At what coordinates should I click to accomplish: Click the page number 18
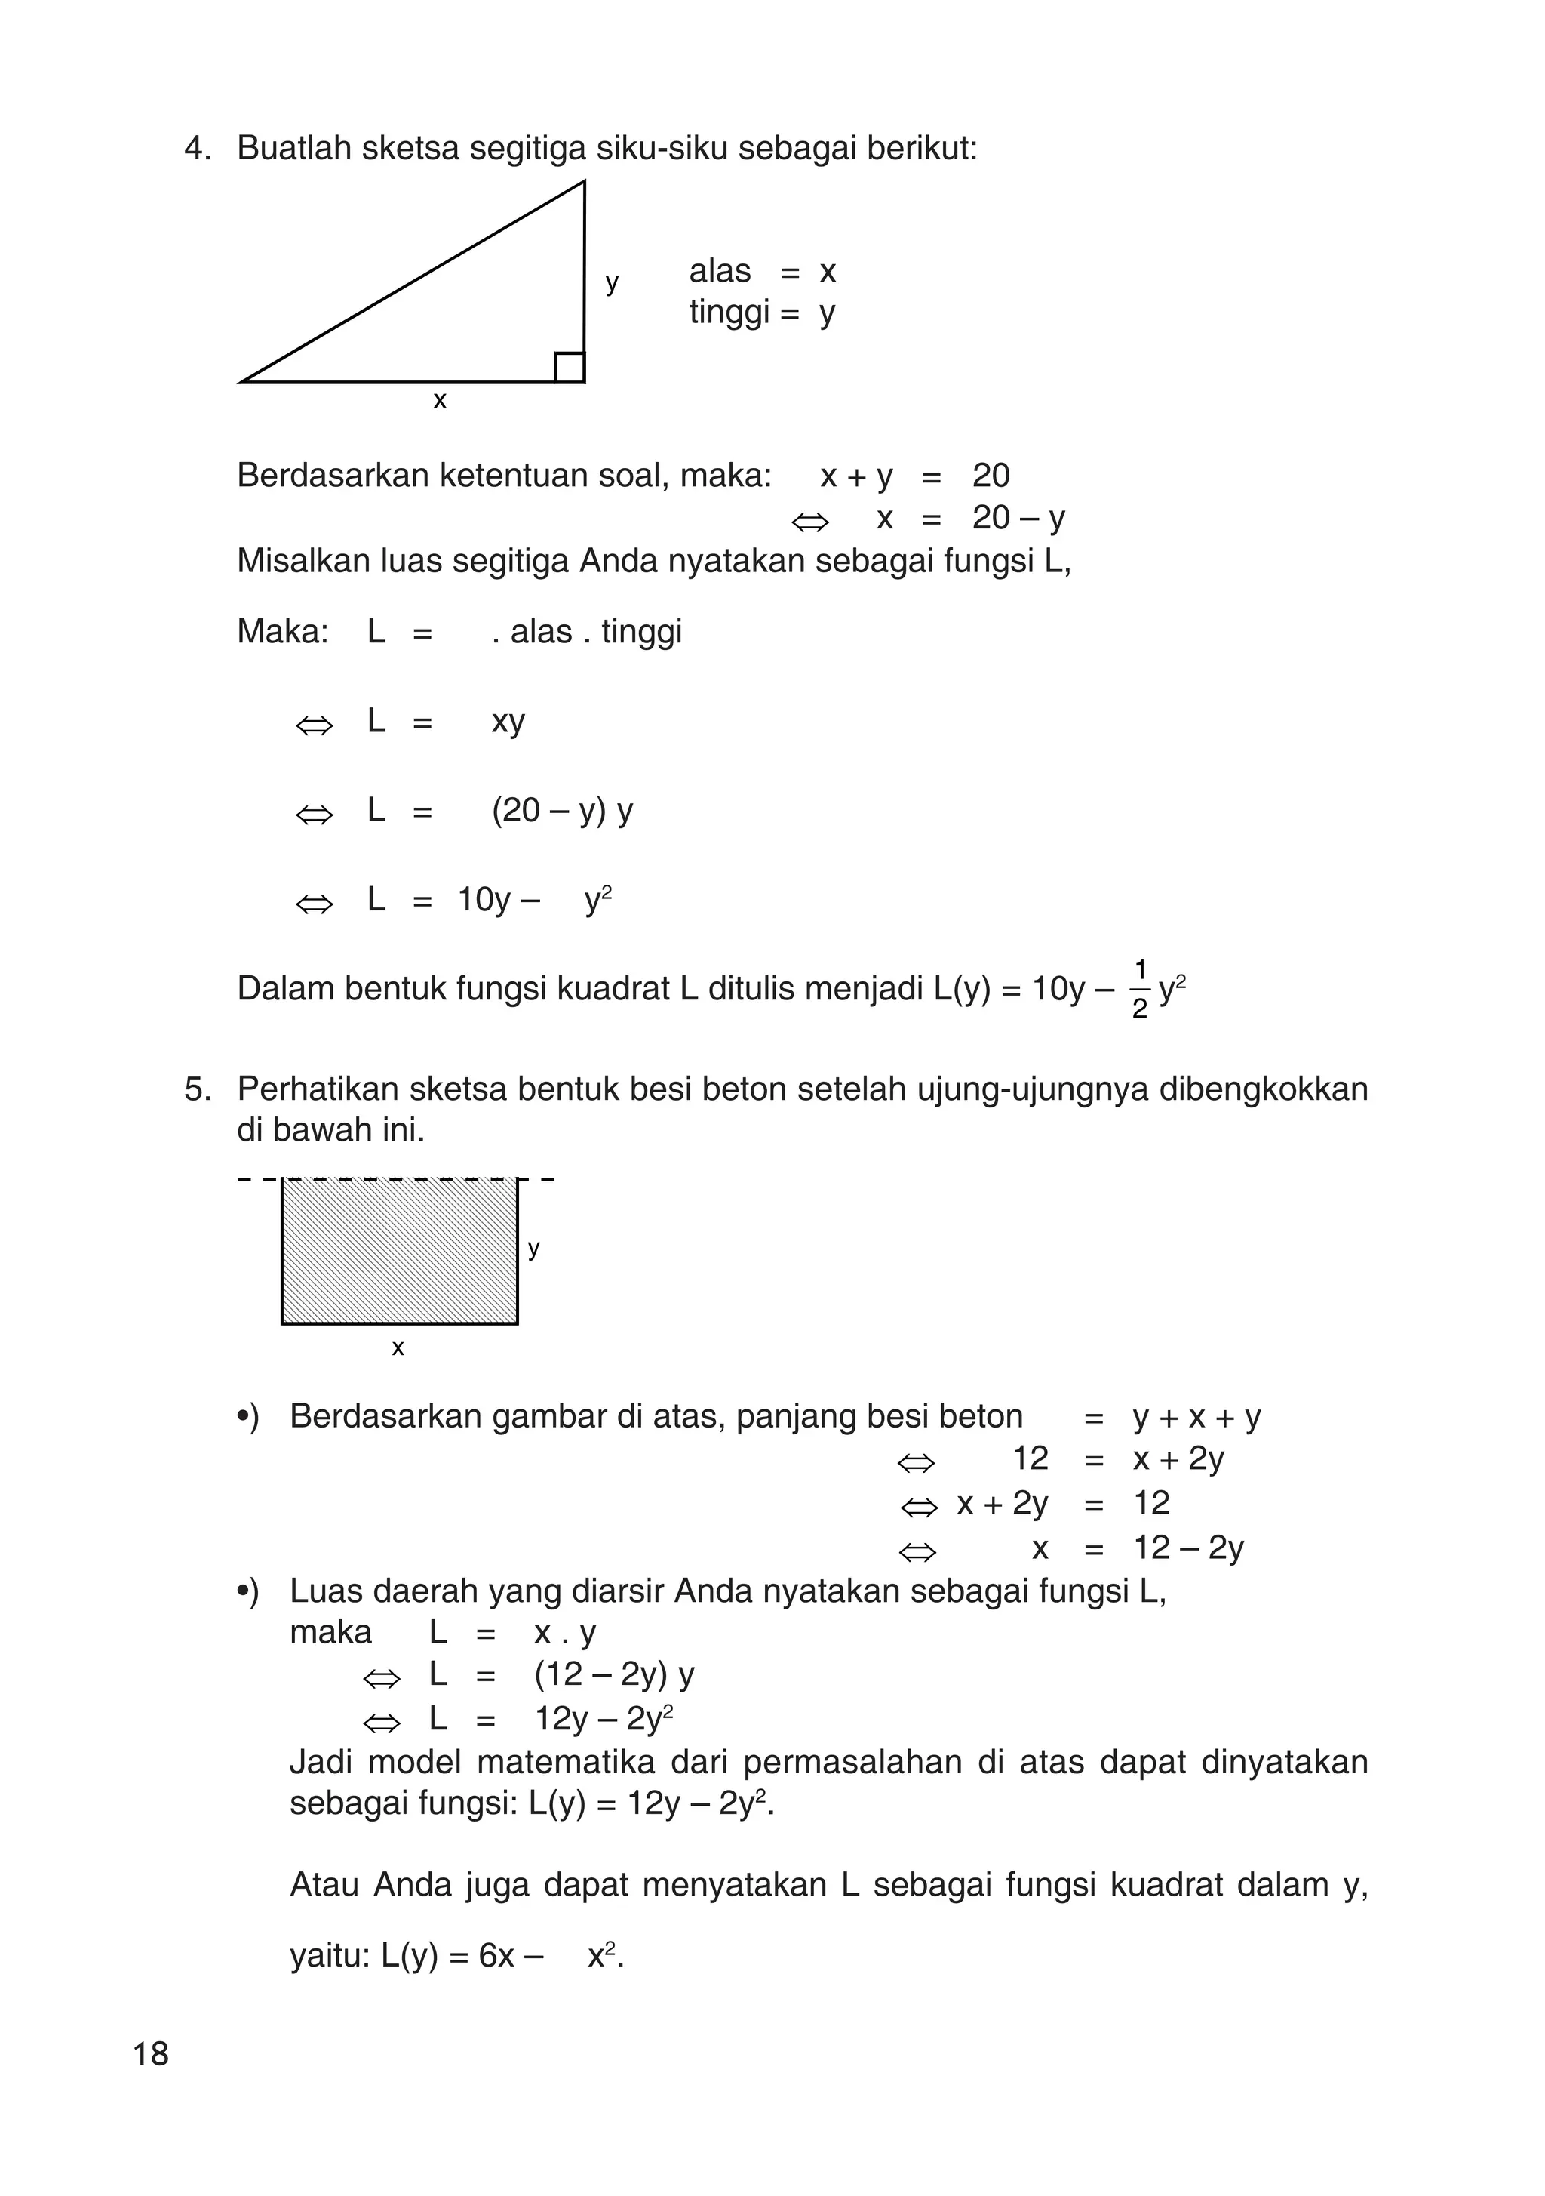(151, 2053)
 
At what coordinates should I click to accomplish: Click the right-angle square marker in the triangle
(569, 368)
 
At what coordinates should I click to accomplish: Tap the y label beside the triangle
(612, 283)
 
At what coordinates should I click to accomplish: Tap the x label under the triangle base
(440, 401)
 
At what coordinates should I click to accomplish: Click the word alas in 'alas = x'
(720, 272)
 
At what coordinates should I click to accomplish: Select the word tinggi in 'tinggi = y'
(729, 313)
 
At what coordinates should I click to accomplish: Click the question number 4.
(195, 149)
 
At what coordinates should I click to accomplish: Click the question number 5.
(195, 1089)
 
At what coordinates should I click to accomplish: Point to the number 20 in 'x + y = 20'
(991, 476)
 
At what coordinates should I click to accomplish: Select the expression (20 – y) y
(562, 811)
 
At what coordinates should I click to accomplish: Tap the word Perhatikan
(318, 1089)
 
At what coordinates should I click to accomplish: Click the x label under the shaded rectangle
(398, 1348)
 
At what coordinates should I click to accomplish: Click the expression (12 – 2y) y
(614, 1674)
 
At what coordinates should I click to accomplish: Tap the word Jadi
(321, 1762)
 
